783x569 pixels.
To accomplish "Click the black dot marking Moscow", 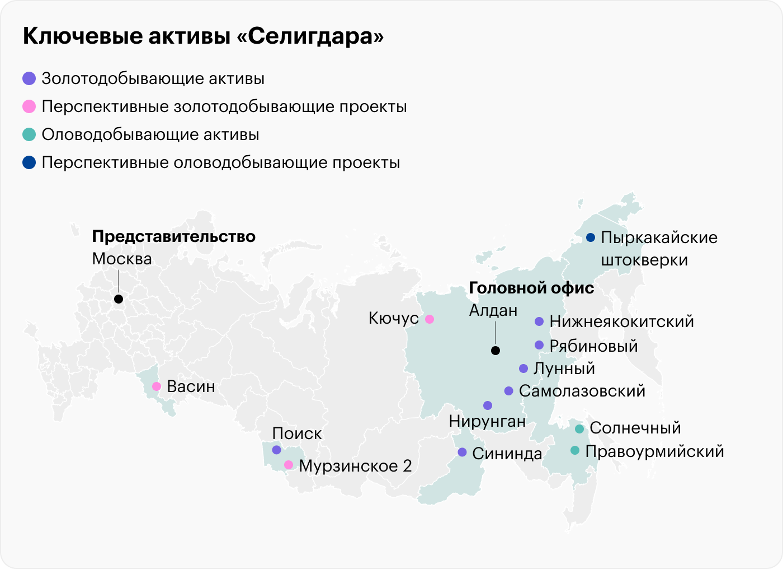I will click(x=119, y=299).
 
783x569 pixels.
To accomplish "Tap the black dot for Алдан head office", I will click(x=495, y=351).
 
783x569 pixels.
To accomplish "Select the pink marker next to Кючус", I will click(x=430, y=319).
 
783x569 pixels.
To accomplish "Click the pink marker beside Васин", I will click(x=157, y=386).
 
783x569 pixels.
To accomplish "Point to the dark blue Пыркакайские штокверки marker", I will click(x=590, y=237).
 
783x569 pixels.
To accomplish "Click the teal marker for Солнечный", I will click(x=579, y=429).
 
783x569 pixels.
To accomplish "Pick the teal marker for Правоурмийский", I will click(x=575, y=450).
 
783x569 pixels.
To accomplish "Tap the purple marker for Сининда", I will click(x=462, y=452).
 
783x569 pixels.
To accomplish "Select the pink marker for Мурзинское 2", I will click(x=289, y=465).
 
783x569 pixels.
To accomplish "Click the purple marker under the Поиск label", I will click(x=276, y=450).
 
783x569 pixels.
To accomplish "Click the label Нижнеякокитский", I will click(x=621, y=321).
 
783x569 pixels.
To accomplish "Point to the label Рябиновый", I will click(x=593, y=346).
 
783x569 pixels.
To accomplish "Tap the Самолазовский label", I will click(x=582, y=391).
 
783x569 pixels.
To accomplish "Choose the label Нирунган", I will click(x=487, y=421).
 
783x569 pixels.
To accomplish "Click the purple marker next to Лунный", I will click(x=523, y=369).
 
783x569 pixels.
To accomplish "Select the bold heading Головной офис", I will click(x=531, y=288).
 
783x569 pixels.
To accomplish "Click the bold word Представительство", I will click(x=173, y=236).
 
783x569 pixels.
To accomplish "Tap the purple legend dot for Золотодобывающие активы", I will click(x=29, y=78).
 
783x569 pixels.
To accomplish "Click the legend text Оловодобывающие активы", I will click(x=150, y=135).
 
